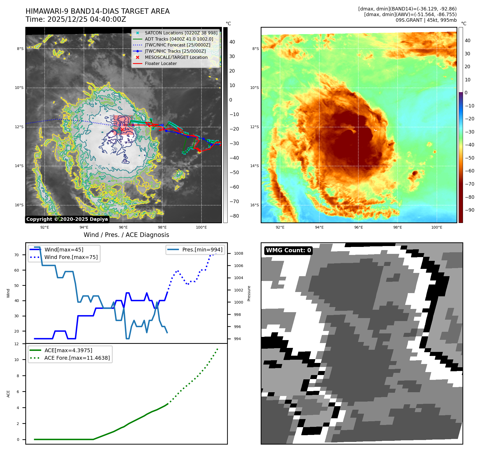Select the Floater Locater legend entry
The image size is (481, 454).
[x=161, y=63]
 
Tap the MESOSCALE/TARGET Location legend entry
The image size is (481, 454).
[x=176, y=57]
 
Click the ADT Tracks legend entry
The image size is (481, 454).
[x=179, y=39]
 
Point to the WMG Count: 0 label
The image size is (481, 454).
[x=288, y=250]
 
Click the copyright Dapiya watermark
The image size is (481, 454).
[x=67, y=219]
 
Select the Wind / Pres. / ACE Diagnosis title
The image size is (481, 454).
[x=126, y=235]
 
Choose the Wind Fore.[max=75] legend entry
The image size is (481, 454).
[x=71, y=257]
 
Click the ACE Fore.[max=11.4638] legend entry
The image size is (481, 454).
[x=77, y=358]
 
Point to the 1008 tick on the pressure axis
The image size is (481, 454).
[x=238, y=253]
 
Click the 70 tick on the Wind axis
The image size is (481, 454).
[x=17, y=255]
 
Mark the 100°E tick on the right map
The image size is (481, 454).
[x=437, y=227]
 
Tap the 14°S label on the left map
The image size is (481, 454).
[x=19, y=166]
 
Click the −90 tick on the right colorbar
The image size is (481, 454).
[x=470, y=210]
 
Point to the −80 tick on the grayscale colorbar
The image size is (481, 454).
[x=234, y=216]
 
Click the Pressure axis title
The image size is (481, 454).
[x=249, y=293]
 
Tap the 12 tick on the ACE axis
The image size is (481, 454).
[x=17, y=344]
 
